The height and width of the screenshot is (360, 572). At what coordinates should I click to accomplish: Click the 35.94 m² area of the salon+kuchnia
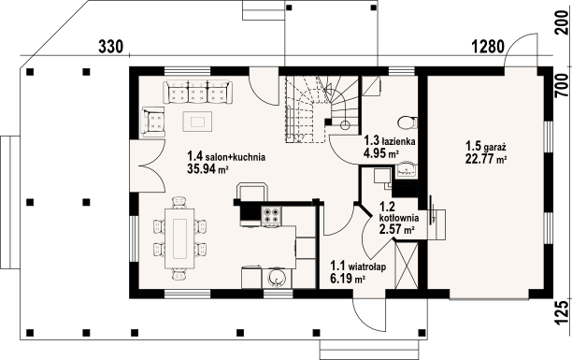point(207,168)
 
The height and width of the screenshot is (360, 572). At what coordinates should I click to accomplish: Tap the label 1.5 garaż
point(485,147)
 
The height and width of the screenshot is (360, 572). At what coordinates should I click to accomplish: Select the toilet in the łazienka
point(408,122)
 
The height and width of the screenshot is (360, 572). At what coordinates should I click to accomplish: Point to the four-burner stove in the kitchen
point(271,215)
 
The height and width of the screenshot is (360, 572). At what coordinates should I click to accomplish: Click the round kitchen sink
point(277,279)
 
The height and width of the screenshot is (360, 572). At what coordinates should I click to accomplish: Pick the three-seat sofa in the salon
point(197,92)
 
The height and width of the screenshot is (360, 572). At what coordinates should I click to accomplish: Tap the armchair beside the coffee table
point(154,122)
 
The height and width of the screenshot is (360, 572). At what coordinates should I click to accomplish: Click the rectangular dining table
point(179,238)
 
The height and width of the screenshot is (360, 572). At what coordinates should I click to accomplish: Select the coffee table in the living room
point(197,122)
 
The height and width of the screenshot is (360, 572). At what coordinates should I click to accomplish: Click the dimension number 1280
point(488,47)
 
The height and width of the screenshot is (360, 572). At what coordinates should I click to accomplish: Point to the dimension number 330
point(111,47)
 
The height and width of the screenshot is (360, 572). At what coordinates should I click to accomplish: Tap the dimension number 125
point(562,312)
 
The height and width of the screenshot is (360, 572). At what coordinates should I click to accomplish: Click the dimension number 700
point(562,86)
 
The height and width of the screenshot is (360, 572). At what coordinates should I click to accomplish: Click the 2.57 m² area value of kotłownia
point(396,230)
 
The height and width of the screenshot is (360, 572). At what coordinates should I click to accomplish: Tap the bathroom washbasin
point(407,170)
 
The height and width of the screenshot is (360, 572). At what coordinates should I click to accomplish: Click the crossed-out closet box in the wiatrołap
point(407,265)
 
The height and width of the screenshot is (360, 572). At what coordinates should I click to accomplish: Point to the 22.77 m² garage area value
point(487,159)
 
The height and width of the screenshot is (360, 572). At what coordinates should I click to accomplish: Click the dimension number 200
point(562,22)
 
